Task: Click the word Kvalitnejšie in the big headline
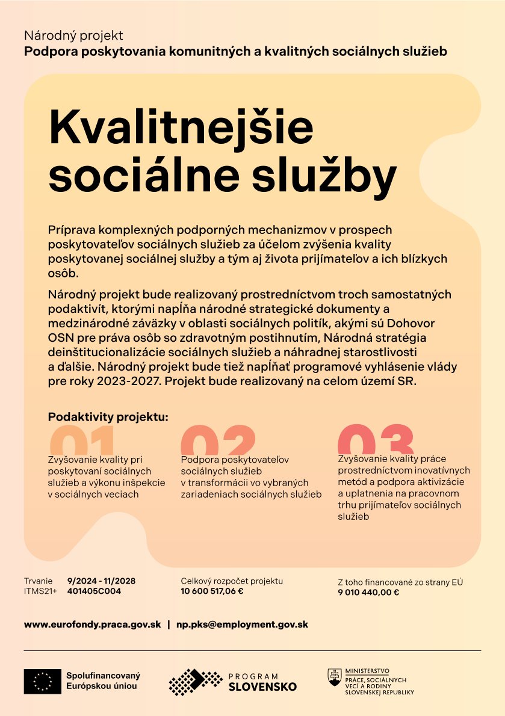coord(181,126)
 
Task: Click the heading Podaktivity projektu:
coord(108,416)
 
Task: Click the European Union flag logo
coord(42,681)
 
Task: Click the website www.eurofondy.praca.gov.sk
coord(92,625)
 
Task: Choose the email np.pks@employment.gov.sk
coord(242,625)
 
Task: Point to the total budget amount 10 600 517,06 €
coord(212,591)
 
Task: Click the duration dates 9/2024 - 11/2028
coord(101,581)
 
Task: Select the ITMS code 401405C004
coord(94,591)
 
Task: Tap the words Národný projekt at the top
coord(73,36)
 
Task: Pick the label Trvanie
coord(38,581)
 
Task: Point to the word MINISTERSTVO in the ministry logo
coord(367,670)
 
